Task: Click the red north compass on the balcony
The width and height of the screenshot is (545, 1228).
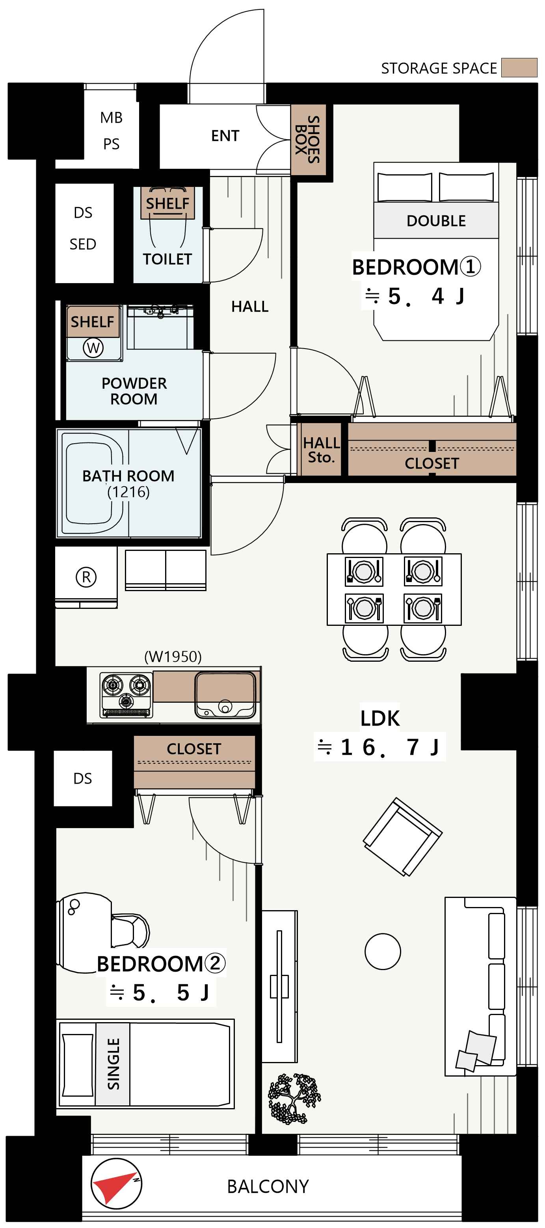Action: click(116, 1184)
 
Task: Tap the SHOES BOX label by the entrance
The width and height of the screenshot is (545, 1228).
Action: click(308, 140)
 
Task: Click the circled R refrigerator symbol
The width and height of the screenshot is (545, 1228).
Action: click(86, 577)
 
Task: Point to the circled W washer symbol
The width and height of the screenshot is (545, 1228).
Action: click(93, 347)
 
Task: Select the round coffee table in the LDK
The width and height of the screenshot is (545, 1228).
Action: click(383, 952)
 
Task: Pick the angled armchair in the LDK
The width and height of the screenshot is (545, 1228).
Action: click(403, 837)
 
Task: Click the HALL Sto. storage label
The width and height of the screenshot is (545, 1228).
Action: click(322, 450)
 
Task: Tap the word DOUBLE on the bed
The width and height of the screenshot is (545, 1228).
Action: click(436, 221)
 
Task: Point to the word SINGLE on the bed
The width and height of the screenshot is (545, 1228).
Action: click(113, 1064)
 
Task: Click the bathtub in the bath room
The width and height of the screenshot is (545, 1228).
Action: click(94, 483)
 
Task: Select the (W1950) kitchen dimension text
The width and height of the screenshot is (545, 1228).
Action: click(173, 657)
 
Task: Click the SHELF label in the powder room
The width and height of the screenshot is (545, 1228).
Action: click(93, 322)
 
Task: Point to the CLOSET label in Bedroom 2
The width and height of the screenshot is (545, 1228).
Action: click(194, 748)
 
